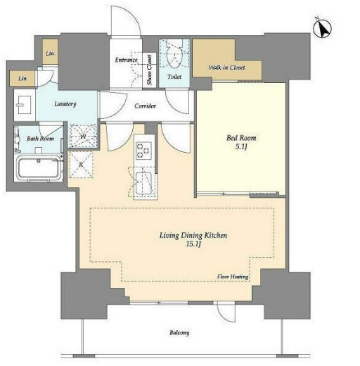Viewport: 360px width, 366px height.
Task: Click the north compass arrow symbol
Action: click(x=323, y=29)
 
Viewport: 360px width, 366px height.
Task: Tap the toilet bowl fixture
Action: click(x=174, y=55)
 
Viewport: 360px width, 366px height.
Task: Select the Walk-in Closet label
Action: click(x=226, y=68)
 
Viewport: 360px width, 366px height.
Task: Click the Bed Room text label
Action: click(x=241, y=138)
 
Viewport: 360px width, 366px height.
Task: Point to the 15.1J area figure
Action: click(x=193, y=244)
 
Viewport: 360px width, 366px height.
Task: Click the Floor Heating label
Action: click(x=233, y=277)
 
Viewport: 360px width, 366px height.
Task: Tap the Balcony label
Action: click(x=179, y=333)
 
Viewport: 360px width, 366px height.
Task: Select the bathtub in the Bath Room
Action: click(x=39, y=168)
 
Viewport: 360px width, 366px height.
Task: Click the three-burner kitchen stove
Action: click(x=143, y=150)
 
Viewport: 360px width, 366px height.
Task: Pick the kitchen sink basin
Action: click(x=143, y=183)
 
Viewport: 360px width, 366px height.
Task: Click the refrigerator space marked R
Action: click(x=81, y=165)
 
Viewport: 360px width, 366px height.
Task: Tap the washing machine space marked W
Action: click(x=83, y=136)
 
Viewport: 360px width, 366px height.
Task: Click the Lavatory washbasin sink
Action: click(x=24, y=105)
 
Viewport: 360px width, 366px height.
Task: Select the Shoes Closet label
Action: click(x=150, y=70)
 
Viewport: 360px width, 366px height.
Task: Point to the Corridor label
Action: click(x=146, y=106)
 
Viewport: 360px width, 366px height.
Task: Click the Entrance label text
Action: click(x=126, y=60)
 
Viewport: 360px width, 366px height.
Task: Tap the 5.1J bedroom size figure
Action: click(x=241, y=147)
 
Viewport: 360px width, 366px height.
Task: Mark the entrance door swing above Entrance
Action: click(x=126, y=20)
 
